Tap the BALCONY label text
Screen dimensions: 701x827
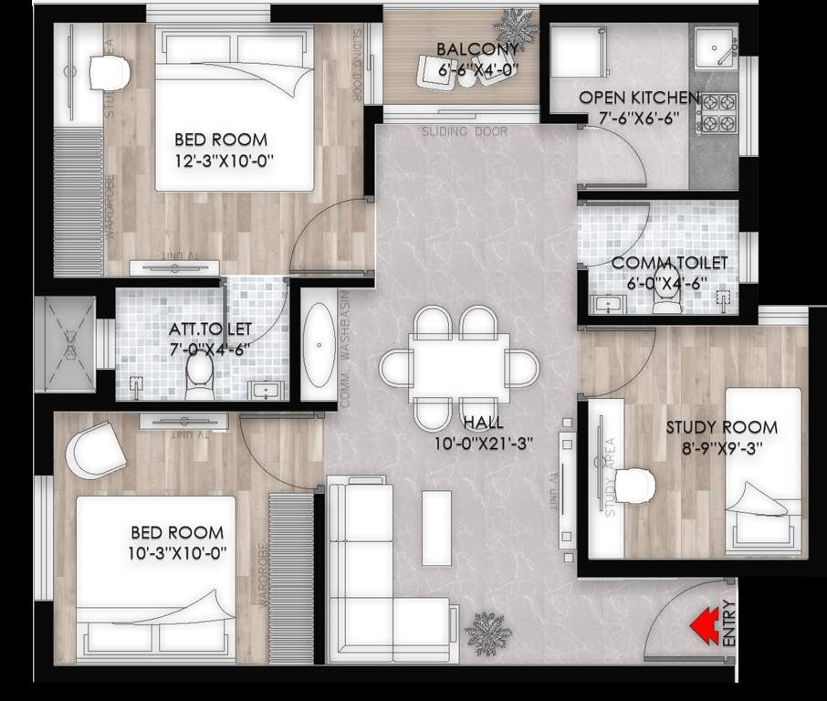coord(476,48)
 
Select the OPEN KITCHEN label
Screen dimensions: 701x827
coord(639,98)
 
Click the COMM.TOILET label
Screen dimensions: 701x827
coord(669,263)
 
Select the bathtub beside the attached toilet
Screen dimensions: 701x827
coord(318,347)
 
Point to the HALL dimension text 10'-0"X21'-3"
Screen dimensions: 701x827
coord(484,443)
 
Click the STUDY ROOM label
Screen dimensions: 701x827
coord(721,426)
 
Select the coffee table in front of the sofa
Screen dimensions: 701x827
coord(436,528)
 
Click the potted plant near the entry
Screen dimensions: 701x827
coord(482,629)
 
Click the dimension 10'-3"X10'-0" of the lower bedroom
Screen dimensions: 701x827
coord(177,552)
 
